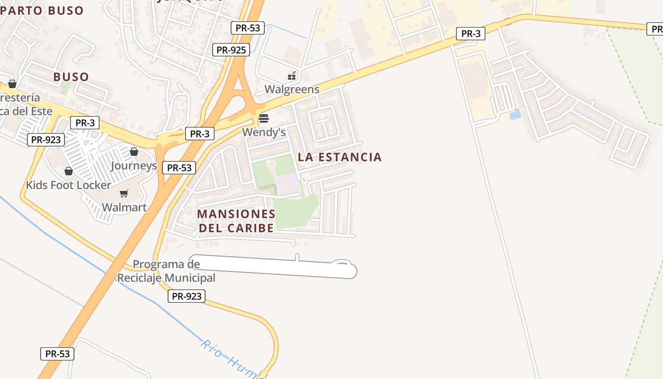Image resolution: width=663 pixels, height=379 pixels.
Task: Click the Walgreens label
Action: coord(292,89)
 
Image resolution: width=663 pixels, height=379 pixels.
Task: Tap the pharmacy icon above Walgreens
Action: coord(292,75)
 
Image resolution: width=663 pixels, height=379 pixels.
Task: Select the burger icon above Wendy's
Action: coord(264,118)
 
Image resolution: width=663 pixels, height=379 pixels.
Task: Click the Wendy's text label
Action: coord(264,132)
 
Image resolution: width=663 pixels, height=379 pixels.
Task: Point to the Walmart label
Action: coord(124,207)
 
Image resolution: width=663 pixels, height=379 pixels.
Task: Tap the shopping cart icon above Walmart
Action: coord(124,193)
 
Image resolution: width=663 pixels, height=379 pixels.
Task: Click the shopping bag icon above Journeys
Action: coord(134,152)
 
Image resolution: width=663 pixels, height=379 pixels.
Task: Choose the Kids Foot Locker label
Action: coord(69,185)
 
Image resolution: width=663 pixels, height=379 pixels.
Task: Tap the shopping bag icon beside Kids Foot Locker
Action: coord(69,171)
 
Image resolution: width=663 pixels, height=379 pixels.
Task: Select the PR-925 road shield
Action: coord(231,49)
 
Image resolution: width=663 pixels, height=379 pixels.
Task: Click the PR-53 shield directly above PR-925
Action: coord(248,28)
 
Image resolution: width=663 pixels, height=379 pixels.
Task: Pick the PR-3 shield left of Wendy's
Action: coord(199,134)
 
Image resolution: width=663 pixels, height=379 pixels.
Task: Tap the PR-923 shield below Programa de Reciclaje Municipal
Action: coord(187,297)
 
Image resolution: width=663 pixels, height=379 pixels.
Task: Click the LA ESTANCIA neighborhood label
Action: coord(340,157)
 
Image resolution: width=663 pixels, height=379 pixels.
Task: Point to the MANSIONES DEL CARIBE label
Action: coord(236,221)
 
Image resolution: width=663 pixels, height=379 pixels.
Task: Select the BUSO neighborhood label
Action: coord(71,77)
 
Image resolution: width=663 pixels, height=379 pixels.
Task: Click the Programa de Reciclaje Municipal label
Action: coord(166,271)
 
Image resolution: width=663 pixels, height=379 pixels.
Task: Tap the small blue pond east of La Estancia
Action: coord(515,114)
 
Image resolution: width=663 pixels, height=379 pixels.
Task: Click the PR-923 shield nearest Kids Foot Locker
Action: coord(46,140)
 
